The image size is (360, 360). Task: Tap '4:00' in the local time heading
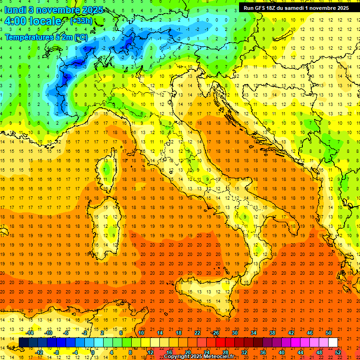[x=15, y=21]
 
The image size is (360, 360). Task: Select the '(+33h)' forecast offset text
[x=81, y=21]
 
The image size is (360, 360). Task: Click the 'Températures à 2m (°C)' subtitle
[x=46, y=37]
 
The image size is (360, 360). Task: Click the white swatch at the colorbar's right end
[x=333, y=342]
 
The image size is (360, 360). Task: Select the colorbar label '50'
[x=329, y=333]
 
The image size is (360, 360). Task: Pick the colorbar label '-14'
[x=30, y=333]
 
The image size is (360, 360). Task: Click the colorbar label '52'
[x=338, y=352]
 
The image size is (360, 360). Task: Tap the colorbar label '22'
[x=197, y=333]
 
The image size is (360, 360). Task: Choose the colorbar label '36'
[x=263, y=352]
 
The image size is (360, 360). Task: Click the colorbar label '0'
[x=93, y=352]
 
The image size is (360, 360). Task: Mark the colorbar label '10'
[x=141, y=333]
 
